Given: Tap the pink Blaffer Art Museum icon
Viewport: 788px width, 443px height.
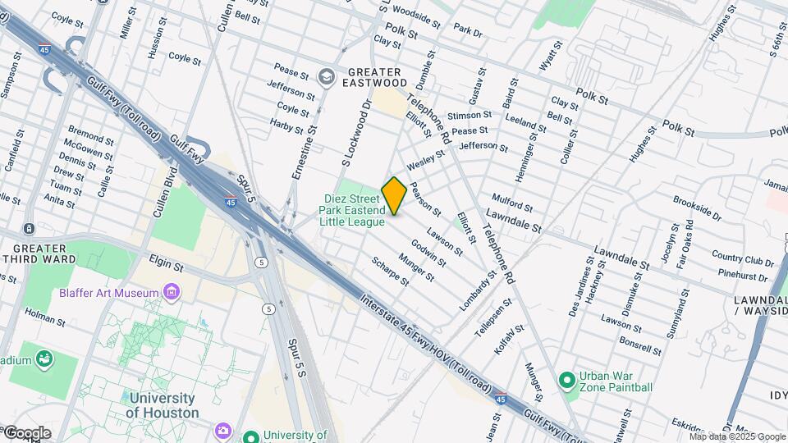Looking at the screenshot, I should pos(172,292).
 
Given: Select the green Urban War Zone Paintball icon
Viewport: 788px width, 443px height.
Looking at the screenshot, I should pos(566,381).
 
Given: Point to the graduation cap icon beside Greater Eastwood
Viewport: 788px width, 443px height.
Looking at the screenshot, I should pos(327,76).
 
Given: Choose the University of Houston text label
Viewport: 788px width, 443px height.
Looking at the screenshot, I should pos(163,405).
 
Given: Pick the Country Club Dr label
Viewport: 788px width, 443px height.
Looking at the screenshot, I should pos(743,260).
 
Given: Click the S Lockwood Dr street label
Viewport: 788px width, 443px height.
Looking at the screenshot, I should pos(367,130).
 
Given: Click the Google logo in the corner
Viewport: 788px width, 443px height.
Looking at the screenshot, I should pos(26,432).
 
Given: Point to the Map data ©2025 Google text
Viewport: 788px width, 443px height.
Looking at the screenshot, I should pos(737,436).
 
